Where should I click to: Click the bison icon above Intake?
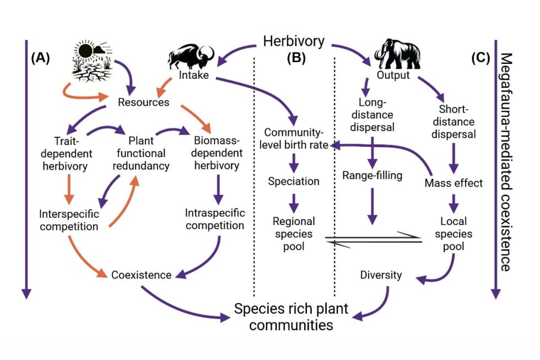[191, 56]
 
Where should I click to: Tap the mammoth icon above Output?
[397, 52]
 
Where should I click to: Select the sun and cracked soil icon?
[91, 60]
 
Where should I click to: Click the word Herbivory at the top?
[293, 41]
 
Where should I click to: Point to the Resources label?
[143, 103]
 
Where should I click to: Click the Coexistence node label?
[142, 275]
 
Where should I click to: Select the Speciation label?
[294, 181]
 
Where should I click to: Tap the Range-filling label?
[373, 176]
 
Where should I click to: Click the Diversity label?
[381, 275]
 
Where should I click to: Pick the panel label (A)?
[40, 57]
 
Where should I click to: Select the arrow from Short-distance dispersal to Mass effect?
[453, 158]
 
